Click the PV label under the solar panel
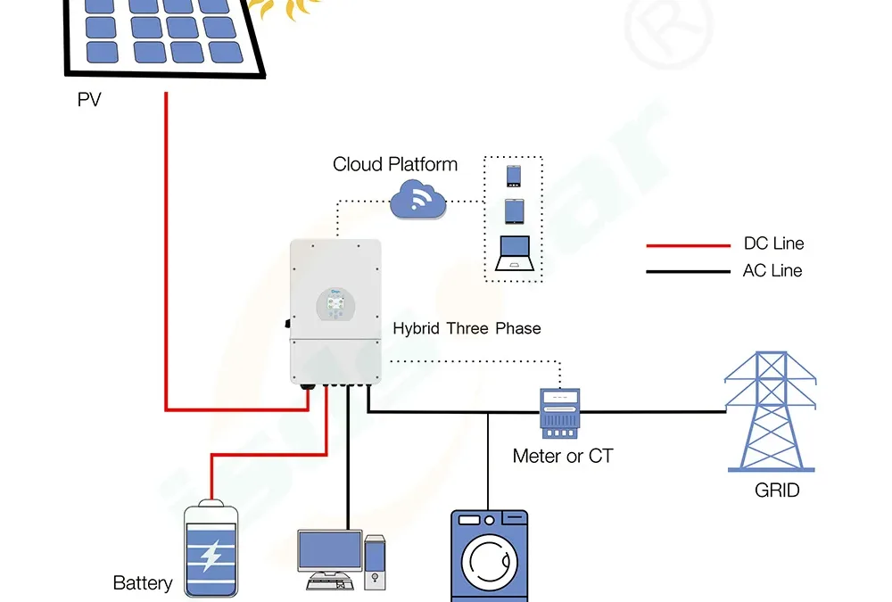[89, 100]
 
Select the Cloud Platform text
[395, 164]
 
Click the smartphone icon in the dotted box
[514, 175]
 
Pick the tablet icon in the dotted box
[514, 211]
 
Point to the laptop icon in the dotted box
[514, 253]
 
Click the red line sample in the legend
[687, 244]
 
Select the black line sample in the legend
[687, 271]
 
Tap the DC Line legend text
[773, 244]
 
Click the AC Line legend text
[772, 271]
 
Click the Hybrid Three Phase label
[467, 328]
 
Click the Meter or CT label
[563, 457]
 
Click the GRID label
[777, 491]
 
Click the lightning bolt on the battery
[211, 556]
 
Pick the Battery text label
[143, 583]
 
